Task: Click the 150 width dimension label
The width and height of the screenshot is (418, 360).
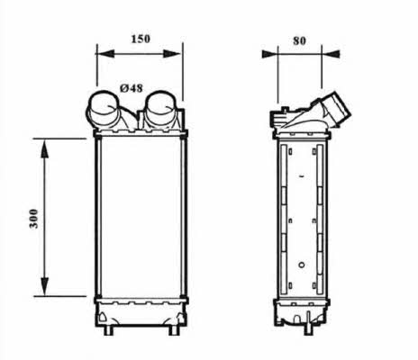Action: click(x=141, y=39)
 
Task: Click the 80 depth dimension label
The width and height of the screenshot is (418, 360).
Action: click(x=299, y=40)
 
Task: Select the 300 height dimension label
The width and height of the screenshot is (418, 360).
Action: click(x=34, y=219)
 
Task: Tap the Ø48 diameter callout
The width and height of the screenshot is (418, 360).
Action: click(x=132, y=88)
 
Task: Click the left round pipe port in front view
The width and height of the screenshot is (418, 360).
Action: click(x=103, y=109)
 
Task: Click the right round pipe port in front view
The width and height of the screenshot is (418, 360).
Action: click(x=161, y=109)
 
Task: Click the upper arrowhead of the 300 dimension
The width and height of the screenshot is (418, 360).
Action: click(x=44, y=148)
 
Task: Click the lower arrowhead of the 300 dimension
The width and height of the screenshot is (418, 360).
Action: click(x=44, y=287)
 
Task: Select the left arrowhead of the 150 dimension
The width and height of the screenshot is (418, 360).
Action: click(x=105, y=54)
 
